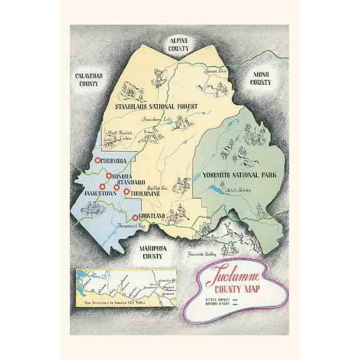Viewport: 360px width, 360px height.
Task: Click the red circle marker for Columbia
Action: point(97,161)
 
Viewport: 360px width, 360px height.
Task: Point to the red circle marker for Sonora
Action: point(107,176)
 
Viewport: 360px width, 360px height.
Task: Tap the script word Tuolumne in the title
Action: point(230,277)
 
